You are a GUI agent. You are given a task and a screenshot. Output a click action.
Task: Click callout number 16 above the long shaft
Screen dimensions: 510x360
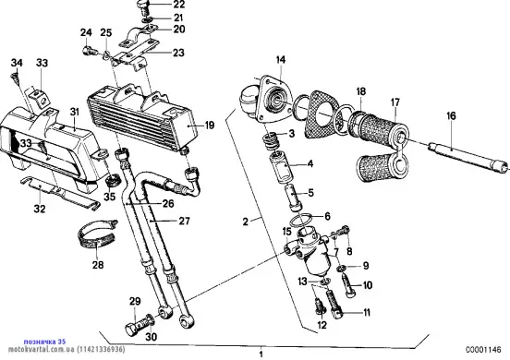click(451, 115)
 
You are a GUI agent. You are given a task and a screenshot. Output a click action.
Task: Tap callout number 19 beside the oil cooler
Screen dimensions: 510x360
click(210, 125)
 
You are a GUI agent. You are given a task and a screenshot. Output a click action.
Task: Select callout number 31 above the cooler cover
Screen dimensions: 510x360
click(75, 112)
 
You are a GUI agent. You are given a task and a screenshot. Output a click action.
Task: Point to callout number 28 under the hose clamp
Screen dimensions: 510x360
click(98, 265)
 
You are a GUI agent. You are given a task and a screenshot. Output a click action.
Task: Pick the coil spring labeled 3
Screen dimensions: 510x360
click(272, 141)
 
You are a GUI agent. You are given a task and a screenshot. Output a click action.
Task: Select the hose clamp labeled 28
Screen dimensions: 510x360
click(97, 234)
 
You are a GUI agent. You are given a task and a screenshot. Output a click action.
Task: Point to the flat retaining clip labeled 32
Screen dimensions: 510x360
click(60, 193)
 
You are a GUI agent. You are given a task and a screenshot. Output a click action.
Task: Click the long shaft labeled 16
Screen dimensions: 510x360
click(468, 158)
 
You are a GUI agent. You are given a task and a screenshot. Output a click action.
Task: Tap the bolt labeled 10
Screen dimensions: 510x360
click(348, 285)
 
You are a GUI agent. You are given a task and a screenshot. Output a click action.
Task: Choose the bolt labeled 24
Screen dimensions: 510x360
click(91, 51)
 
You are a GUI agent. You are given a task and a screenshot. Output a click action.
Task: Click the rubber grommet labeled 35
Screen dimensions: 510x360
click(114, 180)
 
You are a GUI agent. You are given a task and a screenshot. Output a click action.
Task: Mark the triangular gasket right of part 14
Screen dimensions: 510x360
click(323, 114)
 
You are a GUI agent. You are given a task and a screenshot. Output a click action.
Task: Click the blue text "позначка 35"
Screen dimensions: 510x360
click(45, 342)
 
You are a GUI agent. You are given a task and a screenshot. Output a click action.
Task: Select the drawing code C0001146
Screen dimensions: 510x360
click(483, 350)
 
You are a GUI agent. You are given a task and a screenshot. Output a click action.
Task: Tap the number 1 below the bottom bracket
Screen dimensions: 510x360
click(261, 354)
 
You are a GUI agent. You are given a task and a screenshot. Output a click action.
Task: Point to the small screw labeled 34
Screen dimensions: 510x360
click(16, 77)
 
